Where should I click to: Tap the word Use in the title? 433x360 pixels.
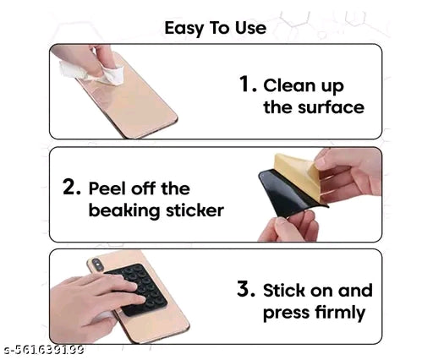pos(251,28)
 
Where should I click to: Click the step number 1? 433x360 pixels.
pos(248,84)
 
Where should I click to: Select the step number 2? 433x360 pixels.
pos(72,187)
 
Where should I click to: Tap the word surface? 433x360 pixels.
pos(331,107)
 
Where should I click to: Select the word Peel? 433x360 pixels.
pos(107,188)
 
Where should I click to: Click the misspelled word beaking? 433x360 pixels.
pos(124,210)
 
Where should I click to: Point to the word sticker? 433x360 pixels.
pos(195,210)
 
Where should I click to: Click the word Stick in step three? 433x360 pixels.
pos(284,290)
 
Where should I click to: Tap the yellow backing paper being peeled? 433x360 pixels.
pos(296,176)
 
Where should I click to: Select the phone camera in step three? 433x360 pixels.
pos(96,265)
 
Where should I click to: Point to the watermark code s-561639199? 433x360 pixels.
pos(42,350)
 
